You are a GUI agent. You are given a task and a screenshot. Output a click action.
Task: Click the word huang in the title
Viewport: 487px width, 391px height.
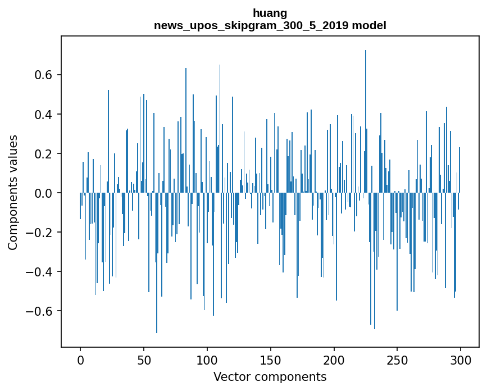pyautogui.click(x=270, y=13)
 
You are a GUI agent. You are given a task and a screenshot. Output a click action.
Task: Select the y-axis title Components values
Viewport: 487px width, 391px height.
pyautogui.click(x=13, y=193)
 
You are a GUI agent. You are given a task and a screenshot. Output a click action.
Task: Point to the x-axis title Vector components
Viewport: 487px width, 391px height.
pyautogui.click(x=270, y=376)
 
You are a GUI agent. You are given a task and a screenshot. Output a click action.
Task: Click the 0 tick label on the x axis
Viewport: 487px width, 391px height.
pyautogui.click(x=80, y=360)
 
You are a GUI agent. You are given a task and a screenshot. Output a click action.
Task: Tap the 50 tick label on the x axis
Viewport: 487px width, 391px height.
pyautogui.click(x=144, y=360)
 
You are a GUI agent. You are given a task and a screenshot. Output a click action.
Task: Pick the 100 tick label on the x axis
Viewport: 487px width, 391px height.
pyautogui.click(x=207, y=360)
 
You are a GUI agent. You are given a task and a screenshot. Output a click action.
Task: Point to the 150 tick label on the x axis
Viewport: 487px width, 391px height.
pyautogui.click(x=271, y=360)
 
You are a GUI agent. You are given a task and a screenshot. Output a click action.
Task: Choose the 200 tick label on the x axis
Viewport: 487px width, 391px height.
pyautogui.click(x=334, y=360)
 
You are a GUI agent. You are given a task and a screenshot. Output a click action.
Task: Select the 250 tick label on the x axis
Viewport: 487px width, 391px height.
pyautogui.click(x=397, y=360)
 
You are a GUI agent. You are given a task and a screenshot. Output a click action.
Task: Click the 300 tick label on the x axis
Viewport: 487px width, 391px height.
pyautogui.click(x=461, y=360)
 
